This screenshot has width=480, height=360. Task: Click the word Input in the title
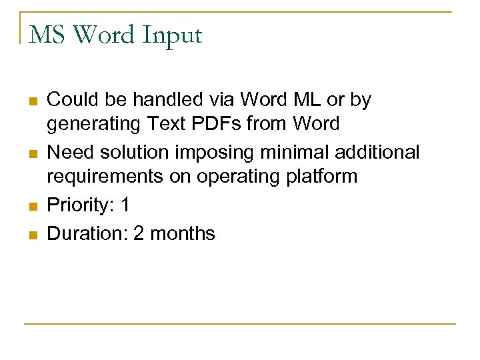pyautogui.click(x=172, y=35)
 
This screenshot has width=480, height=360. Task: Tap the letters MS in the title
pyautogui.click(x=47, y=35)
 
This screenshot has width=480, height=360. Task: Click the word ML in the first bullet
pyautogui.click(x=305, y=100)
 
